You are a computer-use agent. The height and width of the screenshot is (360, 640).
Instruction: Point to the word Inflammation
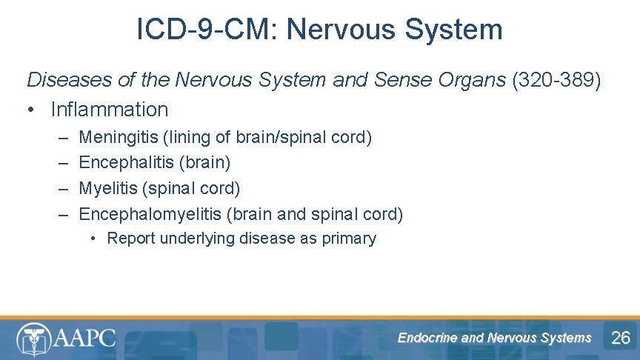110,110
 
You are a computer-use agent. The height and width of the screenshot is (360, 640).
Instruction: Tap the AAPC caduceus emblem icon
34,339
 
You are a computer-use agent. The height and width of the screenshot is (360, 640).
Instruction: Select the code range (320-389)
556,79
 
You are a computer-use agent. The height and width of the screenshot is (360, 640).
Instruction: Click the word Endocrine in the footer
427,338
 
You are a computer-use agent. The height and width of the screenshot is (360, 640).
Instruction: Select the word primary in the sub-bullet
349,239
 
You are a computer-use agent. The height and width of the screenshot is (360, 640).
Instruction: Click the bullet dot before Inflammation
32,110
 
